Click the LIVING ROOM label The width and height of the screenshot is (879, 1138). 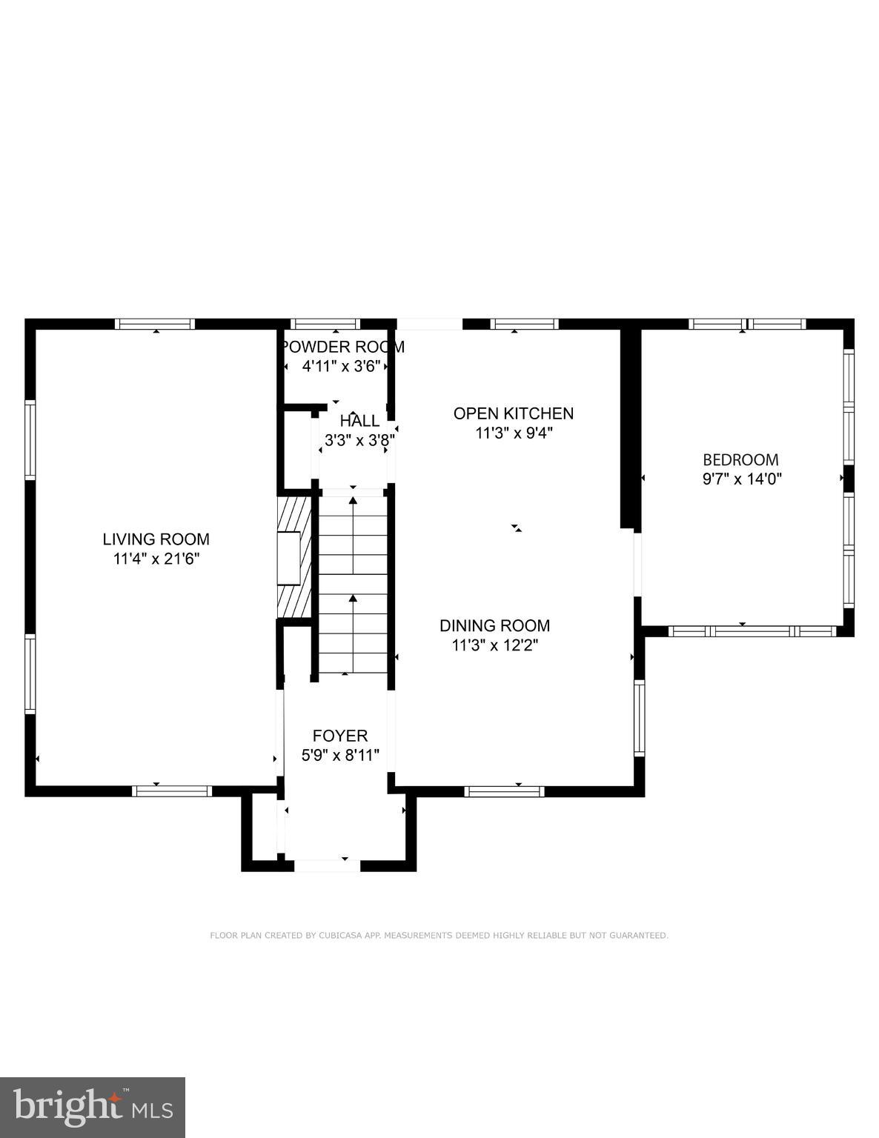[x=156, y=539]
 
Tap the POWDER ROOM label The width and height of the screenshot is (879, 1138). [x=342, y=347]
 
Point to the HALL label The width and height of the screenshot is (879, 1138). [x=359, y=421]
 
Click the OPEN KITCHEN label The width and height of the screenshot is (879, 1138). [x=514, y=413]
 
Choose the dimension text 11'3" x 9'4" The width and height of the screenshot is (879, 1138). [x=514, y=433]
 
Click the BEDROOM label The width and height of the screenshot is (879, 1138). [x=741, y=459]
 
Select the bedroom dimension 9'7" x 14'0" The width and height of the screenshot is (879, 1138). [x=741, y=479]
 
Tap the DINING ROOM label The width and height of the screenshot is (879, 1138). [x=494, y=625]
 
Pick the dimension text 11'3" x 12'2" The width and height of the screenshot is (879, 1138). [x=494, y=645]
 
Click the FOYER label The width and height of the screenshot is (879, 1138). [x=340, y=736]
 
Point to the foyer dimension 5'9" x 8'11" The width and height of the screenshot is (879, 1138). [x=340, y=756]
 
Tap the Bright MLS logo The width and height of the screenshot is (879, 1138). [x=93, y=1107]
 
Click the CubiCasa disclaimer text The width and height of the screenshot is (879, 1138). [x=439, y=936]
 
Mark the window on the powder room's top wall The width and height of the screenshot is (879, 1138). [x=325, y=324]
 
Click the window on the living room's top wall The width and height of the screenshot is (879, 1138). [x=155, y=324]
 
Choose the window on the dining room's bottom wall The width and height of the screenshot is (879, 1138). [x=504, y=791]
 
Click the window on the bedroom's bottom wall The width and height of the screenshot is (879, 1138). [x=752, y=631]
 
